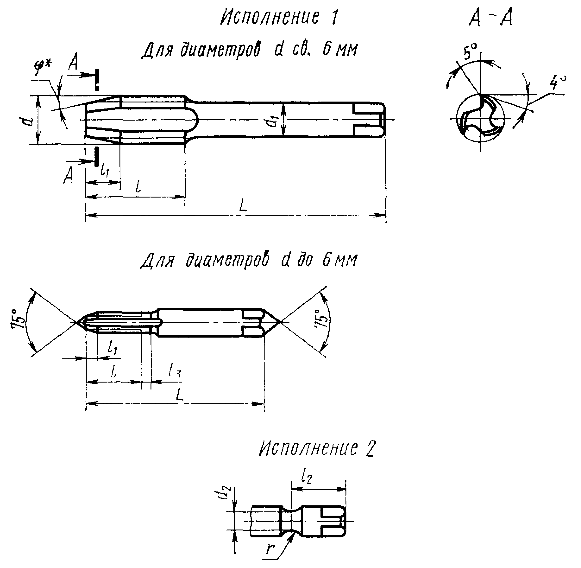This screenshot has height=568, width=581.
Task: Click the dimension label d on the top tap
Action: tap(29, 121)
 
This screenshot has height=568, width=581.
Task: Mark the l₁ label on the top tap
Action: tap(104, 171)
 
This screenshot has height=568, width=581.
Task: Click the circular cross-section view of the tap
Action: tap(480, 119)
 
